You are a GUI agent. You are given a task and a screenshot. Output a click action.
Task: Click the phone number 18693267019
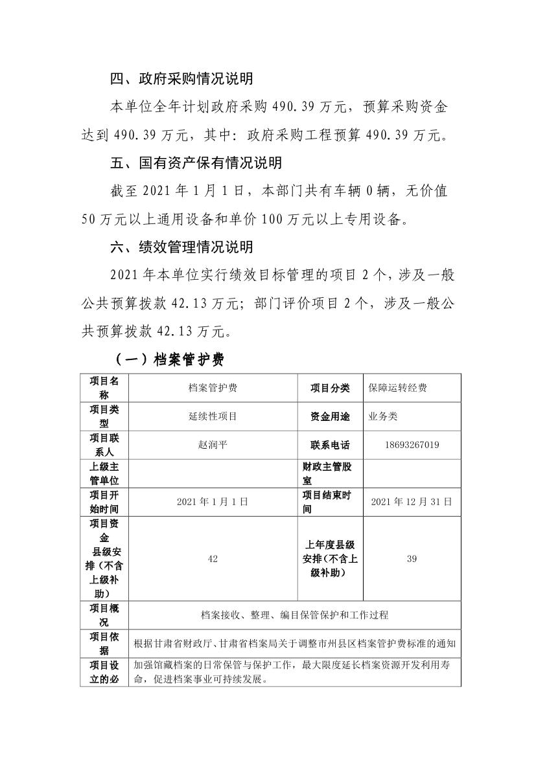[412, 445]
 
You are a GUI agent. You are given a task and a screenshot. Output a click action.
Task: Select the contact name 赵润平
[213, 445]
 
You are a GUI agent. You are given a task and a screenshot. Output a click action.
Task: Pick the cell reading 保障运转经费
[398, 388]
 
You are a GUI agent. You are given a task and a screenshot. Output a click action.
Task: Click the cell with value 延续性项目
[213, 416]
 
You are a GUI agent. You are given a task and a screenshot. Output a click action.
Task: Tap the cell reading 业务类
[383, 416]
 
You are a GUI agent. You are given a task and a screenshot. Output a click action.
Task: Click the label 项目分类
[330, 388]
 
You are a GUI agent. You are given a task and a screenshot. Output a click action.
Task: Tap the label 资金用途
[330, 416]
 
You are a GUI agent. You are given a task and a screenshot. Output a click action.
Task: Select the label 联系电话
[330, 445]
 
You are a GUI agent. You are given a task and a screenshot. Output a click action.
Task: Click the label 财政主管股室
[330, 473]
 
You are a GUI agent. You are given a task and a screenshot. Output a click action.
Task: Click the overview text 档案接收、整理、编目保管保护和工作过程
[295, 615]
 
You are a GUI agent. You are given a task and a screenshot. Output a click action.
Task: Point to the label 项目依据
[104, 643]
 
